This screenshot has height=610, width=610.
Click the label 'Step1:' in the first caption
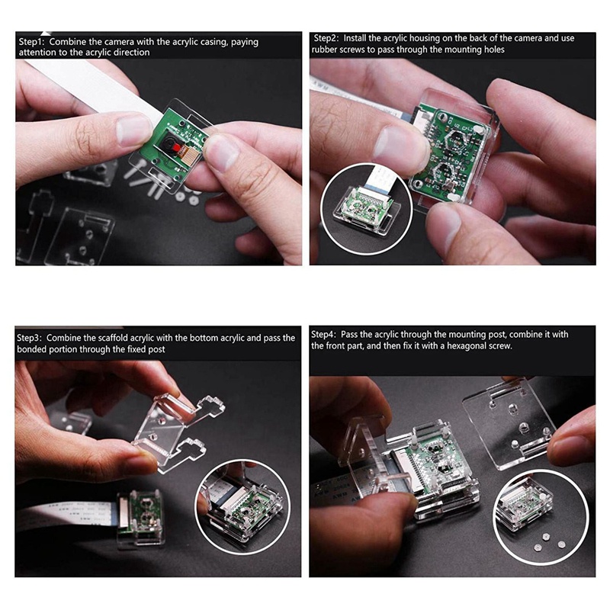point(32,42)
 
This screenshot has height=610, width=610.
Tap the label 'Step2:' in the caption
point(326,37)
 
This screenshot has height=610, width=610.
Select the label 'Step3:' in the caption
point(30,337)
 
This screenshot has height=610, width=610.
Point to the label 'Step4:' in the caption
point(326,334)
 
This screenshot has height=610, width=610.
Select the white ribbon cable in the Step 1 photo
point(91,84)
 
